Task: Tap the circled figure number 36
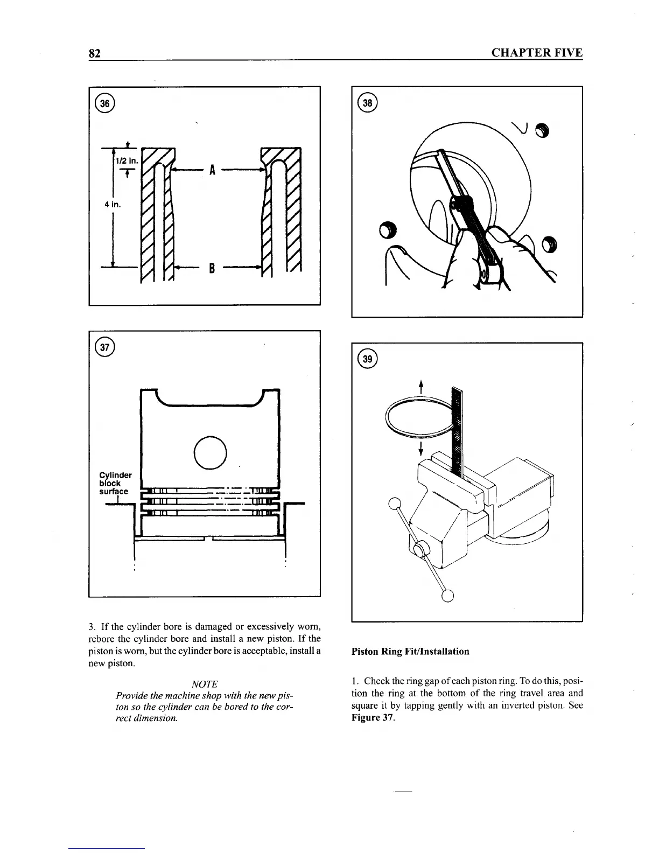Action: pos(104,103)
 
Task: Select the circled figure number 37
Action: pos(104,347)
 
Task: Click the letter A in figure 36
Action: pos(212,170)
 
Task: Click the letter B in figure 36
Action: pos(212,267)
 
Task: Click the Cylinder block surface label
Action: pos(115,483)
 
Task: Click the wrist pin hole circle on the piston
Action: pos(210,451)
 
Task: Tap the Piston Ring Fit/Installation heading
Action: pos(410,651)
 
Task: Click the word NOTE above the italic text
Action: pos(205,684)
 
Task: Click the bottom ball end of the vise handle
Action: pos(448,595)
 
